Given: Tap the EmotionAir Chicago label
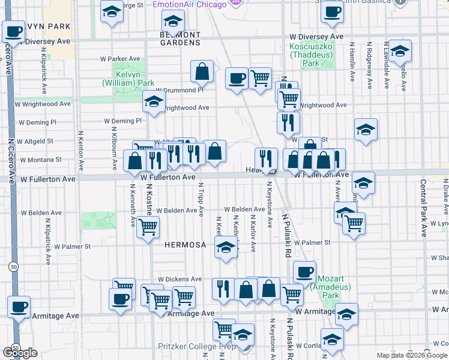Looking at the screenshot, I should point(189,5).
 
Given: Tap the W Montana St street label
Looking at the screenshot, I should point(40,160).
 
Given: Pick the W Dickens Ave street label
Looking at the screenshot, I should point(180,279).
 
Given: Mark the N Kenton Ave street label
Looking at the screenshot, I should point(80,149).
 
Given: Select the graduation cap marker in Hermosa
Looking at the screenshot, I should point(225,248).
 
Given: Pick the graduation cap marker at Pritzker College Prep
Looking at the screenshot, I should point(243,335).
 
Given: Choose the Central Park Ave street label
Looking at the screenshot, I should point(423,208).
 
